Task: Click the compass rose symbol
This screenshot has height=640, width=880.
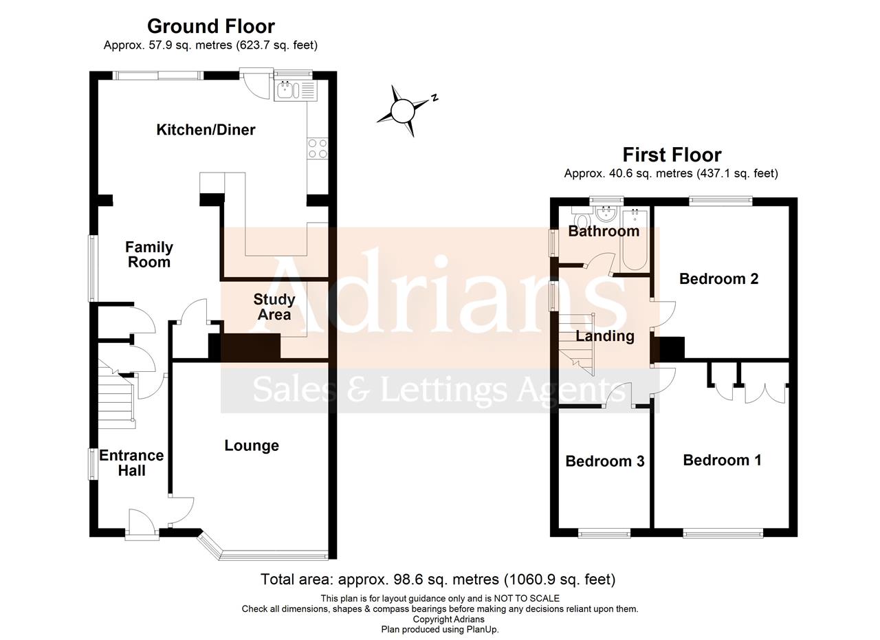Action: [x=403, y=110]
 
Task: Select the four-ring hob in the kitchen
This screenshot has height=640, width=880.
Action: [x=318, y=148]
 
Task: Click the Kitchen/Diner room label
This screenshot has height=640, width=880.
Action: [x=206, y=129]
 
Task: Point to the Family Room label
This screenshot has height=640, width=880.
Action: [x=148, y=254]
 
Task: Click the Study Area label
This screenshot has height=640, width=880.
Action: [x=274, y=307]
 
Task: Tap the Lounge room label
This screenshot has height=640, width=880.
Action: [x=252, y=445]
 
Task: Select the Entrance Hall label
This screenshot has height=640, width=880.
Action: [x=131, y=463]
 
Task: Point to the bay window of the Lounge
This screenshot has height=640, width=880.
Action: [x=268, y=552]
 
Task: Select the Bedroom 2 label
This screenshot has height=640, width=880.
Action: [x=718, y=278]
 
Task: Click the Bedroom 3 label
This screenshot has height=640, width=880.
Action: [x=604, y=461]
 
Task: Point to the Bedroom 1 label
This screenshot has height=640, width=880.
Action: [x=722, y=460]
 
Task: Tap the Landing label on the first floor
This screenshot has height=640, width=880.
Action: [x=604, y=335]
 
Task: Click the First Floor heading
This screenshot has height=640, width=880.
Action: [x=672, y=155]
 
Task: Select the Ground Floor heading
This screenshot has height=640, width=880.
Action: [x=210, y=26]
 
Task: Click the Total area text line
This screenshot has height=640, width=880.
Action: [x=438, y=580]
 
